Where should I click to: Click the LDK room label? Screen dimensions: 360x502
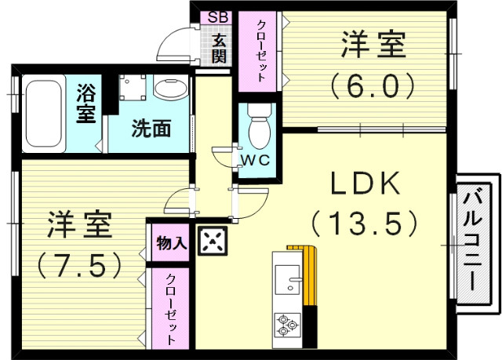365,185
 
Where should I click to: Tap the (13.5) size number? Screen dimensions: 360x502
365,225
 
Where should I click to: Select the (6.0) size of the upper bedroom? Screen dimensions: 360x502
372,85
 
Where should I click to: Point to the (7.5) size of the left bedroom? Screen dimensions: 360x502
81,264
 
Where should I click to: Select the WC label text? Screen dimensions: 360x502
255,159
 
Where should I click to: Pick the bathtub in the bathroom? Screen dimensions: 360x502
42,114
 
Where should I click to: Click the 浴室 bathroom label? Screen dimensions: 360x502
85,104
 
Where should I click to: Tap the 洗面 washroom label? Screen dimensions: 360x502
151,129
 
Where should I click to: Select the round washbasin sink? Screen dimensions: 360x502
166,88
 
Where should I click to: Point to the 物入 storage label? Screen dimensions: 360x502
171,243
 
